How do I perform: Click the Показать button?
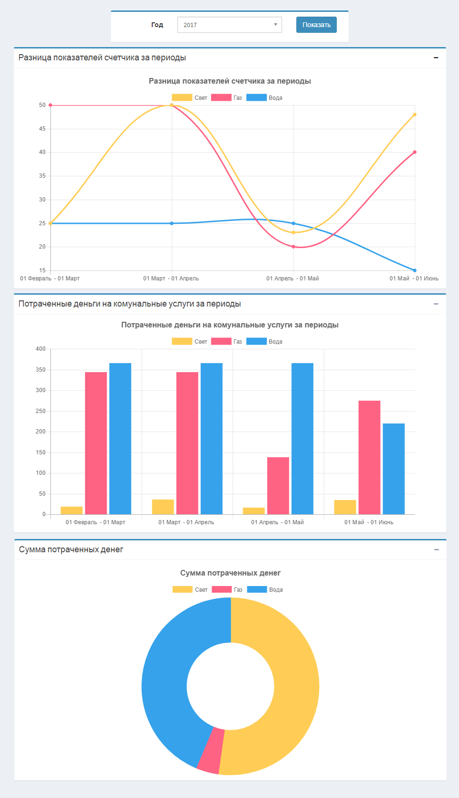316,25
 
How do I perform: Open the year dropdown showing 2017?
229,25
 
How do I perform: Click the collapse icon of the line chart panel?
436,58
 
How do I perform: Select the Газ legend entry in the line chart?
226,98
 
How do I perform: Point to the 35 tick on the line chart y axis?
42,176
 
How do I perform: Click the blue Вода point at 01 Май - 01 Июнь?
415,270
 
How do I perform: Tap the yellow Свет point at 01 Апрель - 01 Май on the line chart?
293,232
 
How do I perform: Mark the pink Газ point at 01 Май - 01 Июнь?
415,152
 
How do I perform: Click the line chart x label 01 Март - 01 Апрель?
171,279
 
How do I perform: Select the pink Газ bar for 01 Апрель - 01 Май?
278,485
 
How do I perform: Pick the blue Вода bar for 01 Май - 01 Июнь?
394,469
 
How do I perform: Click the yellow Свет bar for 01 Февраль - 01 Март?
72,510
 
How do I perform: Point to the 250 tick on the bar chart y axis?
41,411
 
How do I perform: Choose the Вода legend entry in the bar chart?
264,342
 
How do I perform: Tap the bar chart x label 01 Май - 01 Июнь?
369,522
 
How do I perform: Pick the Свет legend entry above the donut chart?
190,590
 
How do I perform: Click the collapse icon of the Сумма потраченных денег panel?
436,550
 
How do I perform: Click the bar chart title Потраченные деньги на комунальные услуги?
230,325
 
